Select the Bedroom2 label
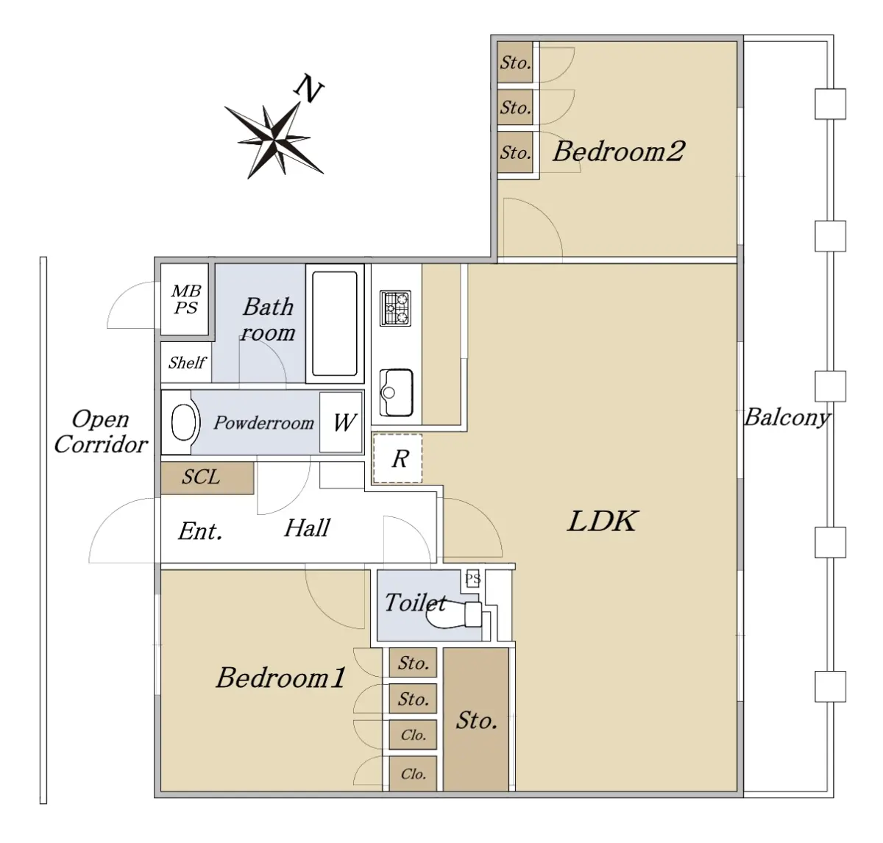[x=618, y=152]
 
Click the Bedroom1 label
[x=281, y=677]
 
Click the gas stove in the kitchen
[x=395, y=308]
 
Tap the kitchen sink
[x=396, y=392]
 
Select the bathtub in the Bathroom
[x=335, y=324]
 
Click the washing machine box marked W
[x=341, y=422]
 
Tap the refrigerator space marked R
[x=398, y=458]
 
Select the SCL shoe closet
[x=207, y=477]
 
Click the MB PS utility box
[x=185, y=299]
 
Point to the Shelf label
[x=186, y=363]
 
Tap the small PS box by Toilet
[x=472, y=579]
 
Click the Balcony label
[x=787, y=417]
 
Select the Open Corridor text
[x=101, y=432]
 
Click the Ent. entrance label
[x=200, y=531]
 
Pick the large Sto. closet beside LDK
[x=475, y=719]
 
